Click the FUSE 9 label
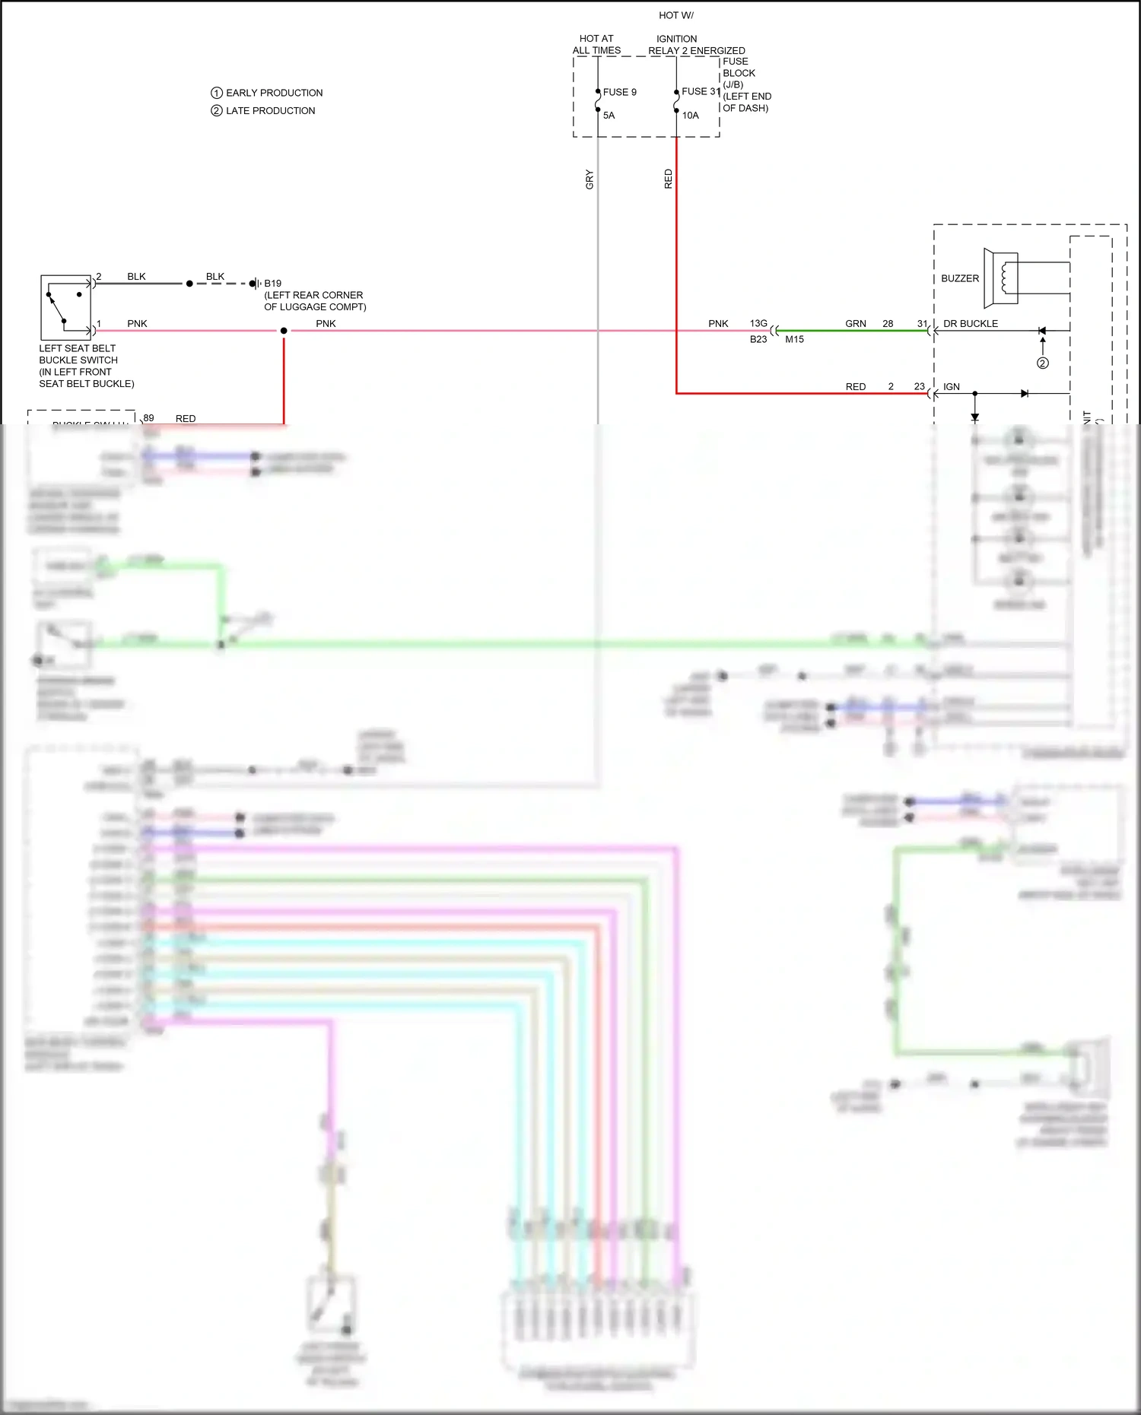(619, 92)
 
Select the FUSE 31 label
(700, 91)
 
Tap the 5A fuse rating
(609, 116)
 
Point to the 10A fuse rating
(690, 116)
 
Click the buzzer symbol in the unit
(1001, 278)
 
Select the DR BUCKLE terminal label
(970, 324)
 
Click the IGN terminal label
(951, 387)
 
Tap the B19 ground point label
(272, 284)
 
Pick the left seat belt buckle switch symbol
(65, 307)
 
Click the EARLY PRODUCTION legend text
(274, 93)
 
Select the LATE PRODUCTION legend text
(270, 111)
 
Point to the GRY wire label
(590, 180)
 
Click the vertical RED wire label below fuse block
(668, 179)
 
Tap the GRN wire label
(855, 324)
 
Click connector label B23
(758, 340)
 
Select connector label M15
(794, 340)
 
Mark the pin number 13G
(758, 324)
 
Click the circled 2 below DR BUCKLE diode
(1042, 363)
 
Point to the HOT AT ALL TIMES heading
(596, 44)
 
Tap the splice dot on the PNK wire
(284, 331)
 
